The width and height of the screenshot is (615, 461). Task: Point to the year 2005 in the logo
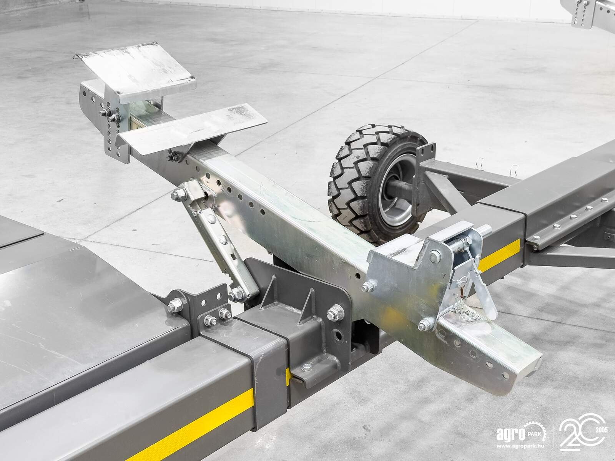602,430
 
